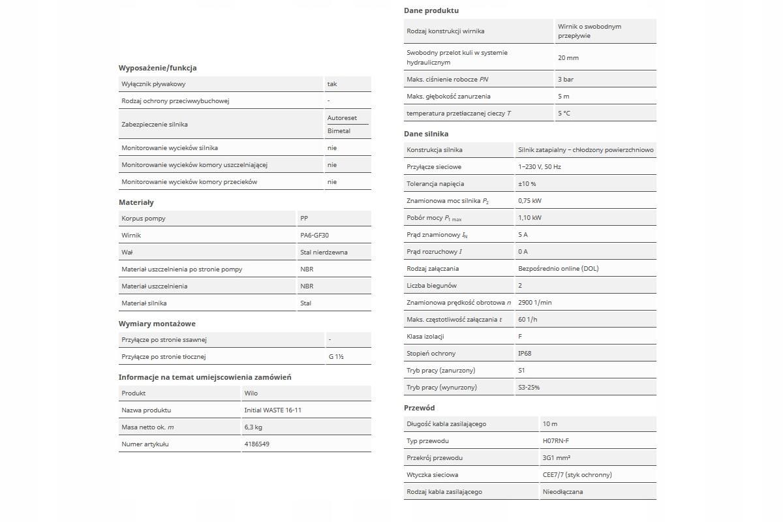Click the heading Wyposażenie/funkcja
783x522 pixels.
(157, 68)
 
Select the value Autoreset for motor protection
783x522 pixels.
(342, 118)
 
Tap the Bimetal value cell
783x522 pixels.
(339, 131)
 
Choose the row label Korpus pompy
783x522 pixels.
(144, 219)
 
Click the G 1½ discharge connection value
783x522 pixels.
(336, 357)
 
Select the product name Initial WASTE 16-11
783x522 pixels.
(273, 410)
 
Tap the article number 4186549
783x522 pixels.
(256, 444)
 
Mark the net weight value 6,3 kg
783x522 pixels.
(253, 427)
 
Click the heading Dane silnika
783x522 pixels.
(426, 134)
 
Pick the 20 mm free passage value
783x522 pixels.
(568, 58)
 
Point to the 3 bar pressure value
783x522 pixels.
(566, 80)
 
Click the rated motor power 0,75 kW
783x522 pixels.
(530, 201)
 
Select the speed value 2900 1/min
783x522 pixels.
(535, 303)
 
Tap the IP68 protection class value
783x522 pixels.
(525, 354)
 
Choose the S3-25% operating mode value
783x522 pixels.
(529, 388)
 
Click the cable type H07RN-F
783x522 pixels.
(556, 441)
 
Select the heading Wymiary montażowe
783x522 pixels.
(157, 324)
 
